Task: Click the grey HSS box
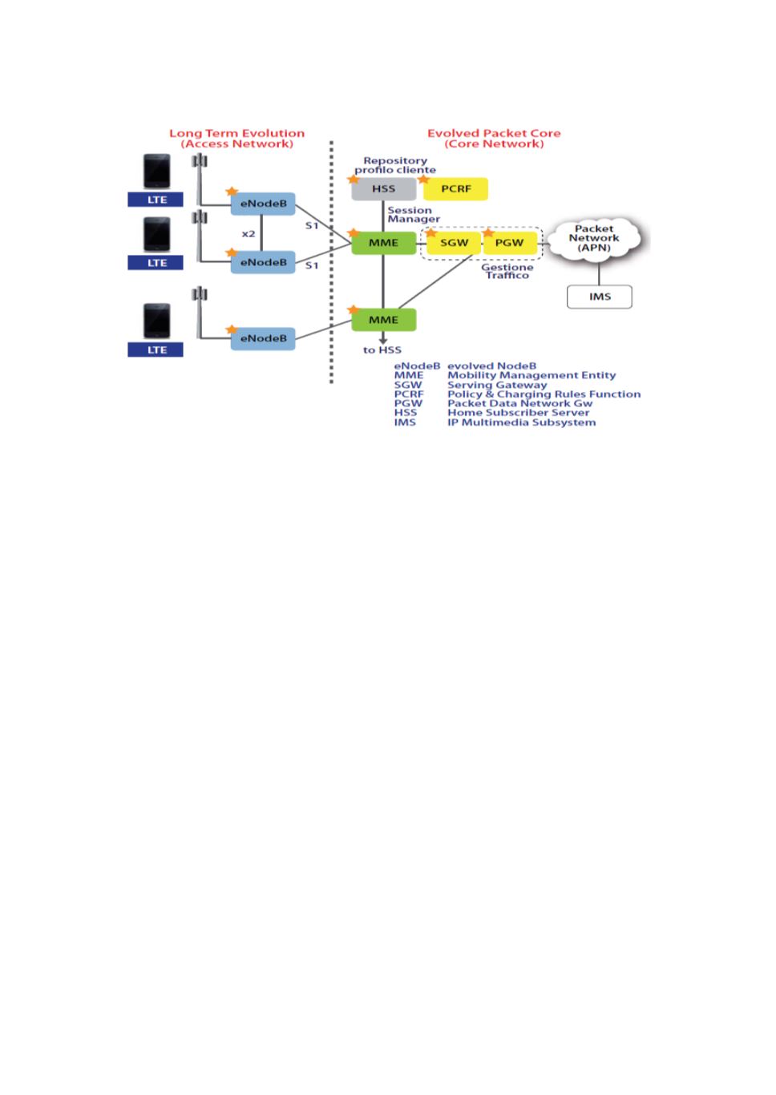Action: point(384,189)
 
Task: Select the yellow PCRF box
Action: point(456,189)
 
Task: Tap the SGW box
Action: point(454,243)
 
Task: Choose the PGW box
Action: point(510,243)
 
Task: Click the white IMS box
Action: point(600,297)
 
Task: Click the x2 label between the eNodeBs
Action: point(249,233)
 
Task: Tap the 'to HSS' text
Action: point(382,350)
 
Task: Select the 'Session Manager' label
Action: point(414,215)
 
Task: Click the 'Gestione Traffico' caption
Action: point(507,272)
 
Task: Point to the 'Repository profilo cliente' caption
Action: point(395,165)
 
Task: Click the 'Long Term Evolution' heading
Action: point(236,133)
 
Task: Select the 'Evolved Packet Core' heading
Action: point(494,133)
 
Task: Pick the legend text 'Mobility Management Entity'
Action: point(531,375)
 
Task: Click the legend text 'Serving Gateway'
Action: point(497,385)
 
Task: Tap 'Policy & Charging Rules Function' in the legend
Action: point(544,394)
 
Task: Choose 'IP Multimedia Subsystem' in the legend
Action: point(521,422)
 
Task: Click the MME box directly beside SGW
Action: point(384,243)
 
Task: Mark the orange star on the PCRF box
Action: point(424,180)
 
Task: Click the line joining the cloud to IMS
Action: point(599,273)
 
